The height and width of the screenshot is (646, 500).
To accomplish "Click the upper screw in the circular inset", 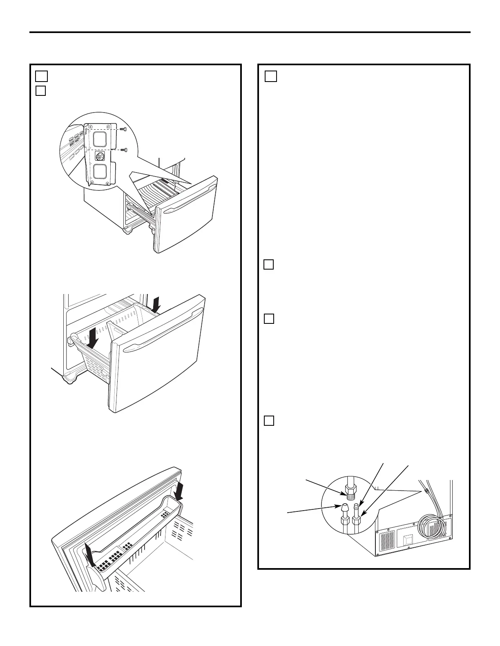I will pyautogui.click(x=125, y=129).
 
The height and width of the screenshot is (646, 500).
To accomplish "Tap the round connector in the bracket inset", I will pyautogui.click(x=99, y=156).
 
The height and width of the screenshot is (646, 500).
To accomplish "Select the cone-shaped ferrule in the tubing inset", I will pyautogui.click(x=344, y=508).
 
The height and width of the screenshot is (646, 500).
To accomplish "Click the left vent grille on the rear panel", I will pyautogui.click(x=387, y=540).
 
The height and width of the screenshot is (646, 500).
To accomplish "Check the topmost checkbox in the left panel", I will pyautogui.click(x=41, y=76).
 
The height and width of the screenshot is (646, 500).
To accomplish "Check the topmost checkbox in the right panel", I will pyautogui.click(x=271, y=76).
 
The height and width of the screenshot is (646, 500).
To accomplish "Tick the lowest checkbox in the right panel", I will pyautogui.click(x=268, y=420).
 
